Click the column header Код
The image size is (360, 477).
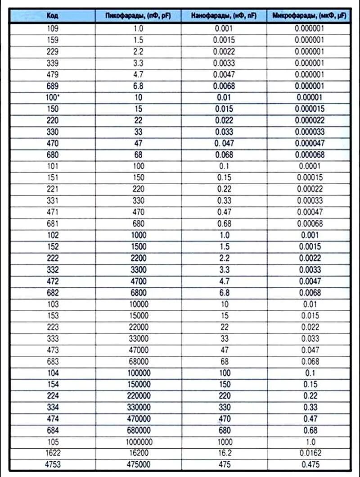click(52, 16)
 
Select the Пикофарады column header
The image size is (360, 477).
click(138, 16)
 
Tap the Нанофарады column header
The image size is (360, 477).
click(224, 16)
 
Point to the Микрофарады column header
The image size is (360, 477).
click(309, 16)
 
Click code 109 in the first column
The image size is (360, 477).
click(52, 28)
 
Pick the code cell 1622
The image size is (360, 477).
click(52, 453)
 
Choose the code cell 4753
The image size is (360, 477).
click(52, 465)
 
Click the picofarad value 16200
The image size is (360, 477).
click(138, 453)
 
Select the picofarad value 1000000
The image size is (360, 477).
click(138, 442)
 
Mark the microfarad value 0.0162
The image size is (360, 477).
click(309, 453)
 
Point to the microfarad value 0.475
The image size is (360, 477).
click(309, 465)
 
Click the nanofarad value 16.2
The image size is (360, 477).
click(224, 453)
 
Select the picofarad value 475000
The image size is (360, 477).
click(138, 465)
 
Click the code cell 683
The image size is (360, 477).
click(52, 361)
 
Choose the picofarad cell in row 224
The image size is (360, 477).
click(138, 396)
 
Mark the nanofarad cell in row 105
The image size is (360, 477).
click(224, 442)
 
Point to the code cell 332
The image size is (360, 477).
click(52, 270)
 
